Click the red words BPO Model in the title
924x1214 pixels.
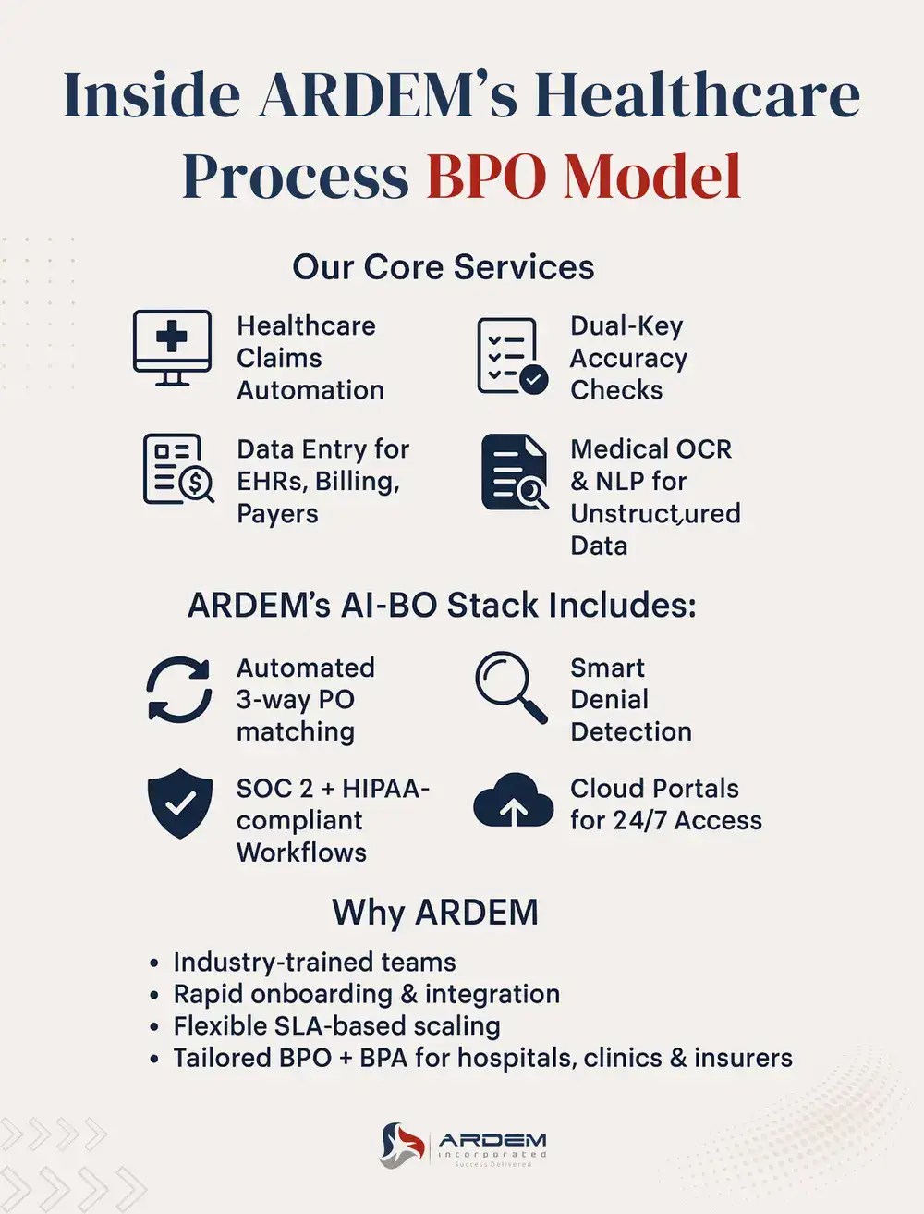tap(584, 176)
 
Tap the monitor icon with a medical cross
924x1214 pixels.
tap(172, 348)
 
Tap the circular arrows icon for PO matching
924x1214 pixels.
tap(178, 690)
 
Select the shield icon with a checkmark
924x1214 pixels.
tap(179, 803)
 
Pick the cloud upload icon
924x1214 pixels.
tap(513, 801)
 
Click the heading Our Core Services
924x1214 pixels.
tap(443, 267)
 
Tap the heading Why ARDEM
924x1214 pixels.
tap(435, 913)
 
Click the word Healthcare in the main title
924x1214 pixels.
tap(698, 96)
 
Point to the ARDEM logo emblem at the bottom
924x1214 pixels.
tap(402, 1145)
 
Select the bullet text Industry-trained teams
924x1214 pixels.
tap(314, 963)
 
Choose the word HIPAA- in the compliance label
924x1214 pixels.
tap(385, 789)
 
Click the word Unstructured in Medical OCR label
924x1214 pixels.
tap(655, 513)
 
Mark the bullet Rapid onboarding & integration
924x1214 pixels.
tap(366, 994)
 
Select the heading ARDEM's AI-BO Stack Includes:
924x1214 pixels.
tap(442, 606)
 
